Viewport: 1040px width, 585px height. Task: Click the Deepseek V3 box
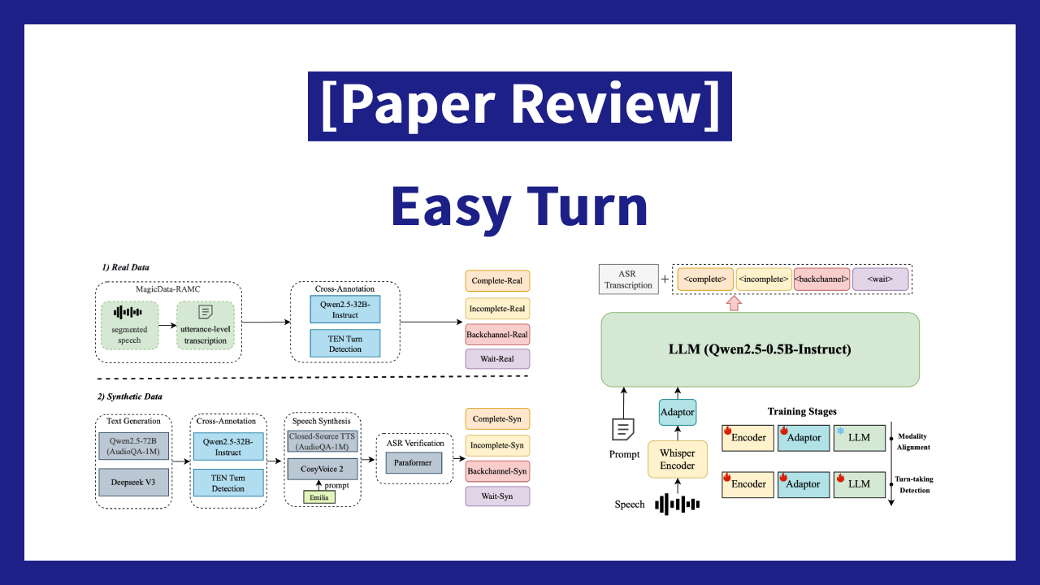tap(134, 483)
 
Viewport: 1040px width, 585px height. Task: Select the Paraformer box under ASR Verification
tap(414, 463)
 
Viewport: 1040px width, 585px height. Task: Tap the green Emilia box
tap(319, 497)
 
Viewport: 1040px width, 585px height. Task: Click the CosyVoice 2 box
tap(323, 469)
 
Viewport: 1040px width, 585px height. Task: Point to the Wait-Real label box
tap(497, 359)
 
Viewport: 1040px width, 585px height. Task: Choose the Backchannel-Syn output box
tap(497, 471)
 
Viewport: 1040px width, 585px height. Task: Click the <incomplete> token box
tap(764, 279)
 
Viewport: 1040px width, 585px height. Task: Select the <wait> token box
tap(880, 279)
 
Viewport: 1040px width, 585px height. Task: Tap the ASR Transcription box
tap(629, 279)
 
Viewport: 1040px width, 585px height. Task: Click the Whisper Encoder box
tap(678, 459)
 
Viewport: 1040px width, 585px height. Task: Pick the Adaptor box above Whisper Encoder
tap(678, 412)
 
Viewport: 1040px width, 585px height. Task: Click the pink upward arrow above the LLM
tap(734, 303)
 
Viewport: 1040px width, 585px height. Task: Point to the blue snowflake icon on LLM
tap(840, 431)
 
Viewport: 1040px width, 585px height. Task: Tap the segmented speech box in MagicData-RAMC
tap(129, 326)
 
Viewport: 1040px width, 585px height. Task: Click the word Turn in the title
tap(587, 206)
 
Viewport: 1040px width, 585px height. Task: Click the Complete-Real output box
tap(497, 281)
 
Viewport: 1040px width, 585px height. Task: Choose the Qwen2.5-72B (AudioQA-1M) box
tap(134, 446)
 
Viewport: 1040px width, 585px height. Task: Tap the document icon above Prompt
tap(623, 430)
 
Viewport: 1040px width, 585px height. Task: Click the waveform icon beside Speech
tap(678, 505)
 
